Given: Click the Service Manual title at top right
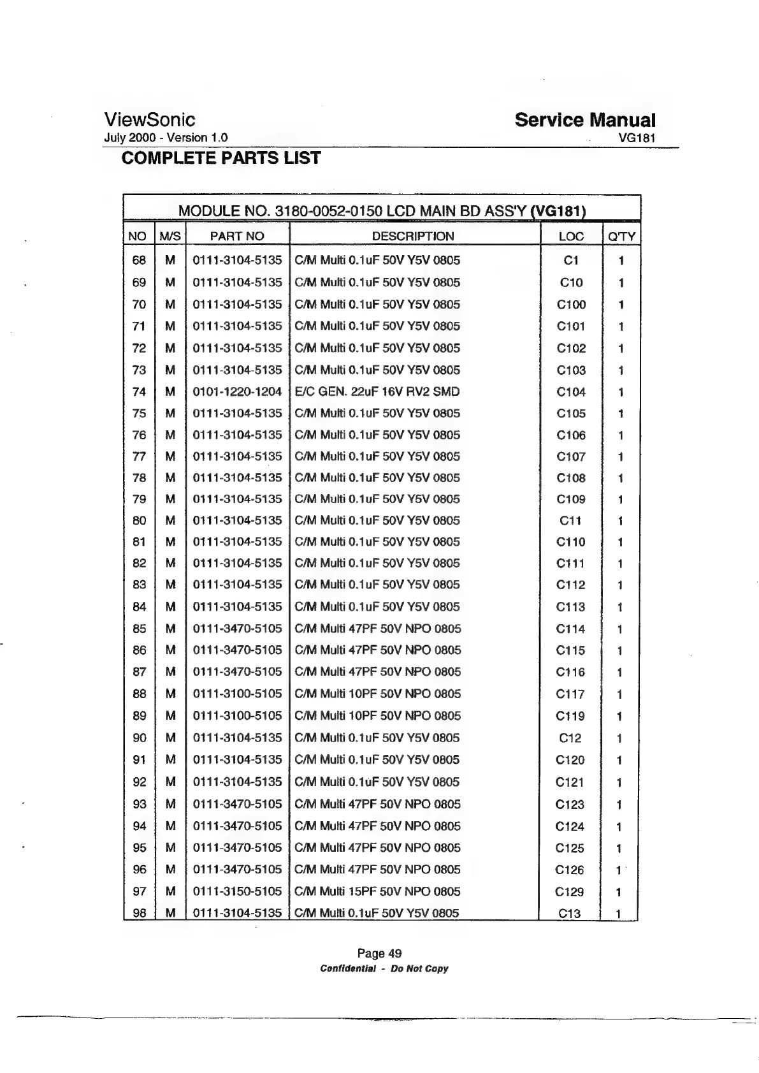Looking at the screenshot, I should click(584, 120).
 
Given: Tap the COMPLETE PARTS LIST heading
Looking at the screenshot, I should click(220, 157).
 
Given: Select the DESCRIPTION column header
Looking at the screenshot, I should click(413, 236).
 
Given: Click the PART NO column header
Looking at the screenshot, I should click(237, 236).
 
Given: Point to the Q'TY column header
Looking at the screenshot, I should click(621, 237).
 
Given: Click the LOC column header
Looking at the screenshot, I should click(570, 237).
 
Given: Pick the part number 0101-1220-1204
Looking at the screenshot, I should click(237, 391).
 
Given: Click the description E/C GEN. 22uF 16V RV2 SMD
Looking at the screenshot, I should click(377, 391).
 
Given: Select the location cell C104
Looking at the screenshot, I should click(571, 392).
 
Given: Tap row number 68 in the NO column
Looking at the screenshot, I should click(139, 260).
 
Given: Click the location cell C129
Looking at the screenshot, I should click(569, 892).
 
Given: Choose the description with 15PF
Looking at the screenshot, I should click(377, 891).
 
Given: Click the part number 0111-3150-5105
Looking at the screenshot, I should click(237, 891).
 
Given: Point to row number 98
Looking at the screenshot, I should click(139, 913).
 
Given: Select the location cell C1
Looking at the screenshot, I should click(571, 260).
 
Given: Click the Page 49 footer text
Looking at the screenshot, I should click(379, 953).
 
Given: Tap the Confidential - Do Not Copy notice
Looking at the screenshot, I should click(384, 968).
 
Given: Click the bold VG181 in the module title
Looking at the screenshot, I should click(560, 210).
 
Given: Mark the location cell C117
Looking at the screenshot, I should click(570, 694).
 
